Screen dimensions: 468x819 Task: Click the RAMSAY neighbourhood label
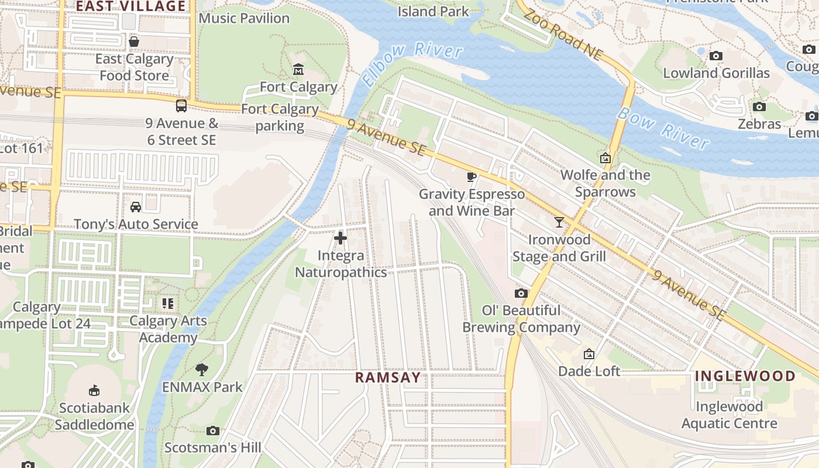[x=387, y=377]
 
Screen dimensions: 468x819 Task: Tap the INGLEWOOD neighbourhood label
[x=745, y=376]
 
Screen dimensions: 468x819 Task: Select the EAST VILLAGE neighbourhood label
[x=131, y=6]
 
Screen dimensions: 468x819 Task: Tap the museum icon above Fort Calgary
[x=298, y=70]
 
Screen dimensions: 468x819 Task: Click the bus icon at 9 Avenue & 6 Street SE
[x=181, y=106]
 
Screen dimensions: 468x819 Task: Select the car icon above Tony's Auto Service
[x=136, y=207]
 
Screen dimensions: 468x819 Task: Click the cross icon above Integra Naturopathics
[x=340, y=238]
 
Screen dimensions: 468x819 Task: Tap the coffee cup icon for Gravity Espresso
[x=472, y=177]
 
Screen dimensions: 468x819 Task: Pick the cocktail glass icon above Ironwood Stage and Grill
[x=559, y=222]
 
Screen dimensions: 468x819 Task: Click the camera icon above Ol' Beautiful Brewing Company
[x=521, y=293]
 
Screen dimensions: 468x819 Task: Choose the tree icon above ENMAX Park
[x=202, y=370]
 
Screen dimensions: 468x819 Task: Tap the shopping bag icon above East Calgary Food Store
[x=134, y=42]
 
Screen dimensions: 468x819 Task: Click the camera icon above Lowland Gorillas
[x=715, y=56]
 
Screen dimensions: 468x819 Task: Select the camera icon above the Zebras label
[x=759, y=106]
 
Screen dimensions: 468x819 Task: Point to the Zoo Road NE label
[x=562, y=35]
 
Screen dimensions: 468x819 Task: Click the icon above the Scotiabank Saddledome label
[x=94, y=390]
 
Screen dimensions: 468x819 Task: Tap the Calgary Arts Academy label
[x=168, y=329]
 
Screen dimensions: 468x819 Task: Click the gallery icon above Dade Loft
[x=589, y=354]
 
